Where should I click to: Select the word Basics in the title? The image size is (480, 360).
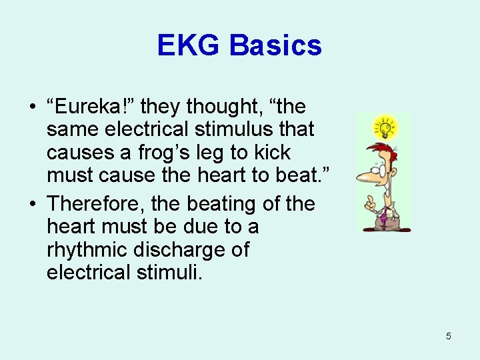[275, 46]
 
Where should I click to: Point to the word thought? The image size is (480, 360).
[219, 105]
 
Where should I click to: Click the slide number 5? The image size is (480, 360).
[448, 336]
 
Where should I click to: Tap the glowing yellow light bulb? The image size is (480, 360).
[384, 127]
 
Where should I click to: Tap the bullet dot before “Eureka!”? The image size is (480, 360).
[33, 107]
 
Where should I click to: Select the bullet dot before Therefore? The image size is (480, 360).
[33, 203]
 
